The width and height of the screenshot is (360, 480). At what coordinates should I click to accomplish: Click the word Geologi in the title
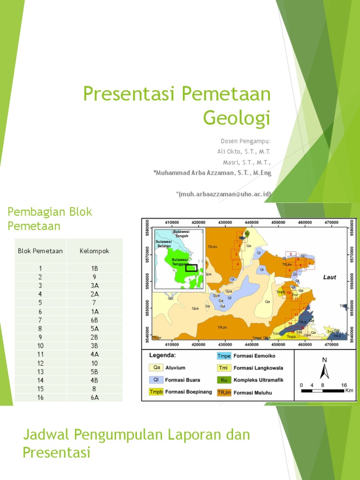[237, 117]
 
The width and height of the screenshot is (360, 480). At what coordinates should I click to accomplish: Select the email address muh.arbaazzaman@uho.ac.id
[224, 194]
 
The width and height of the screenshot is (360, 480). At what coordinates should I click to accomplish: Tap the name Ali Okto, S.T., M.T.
[244, 151]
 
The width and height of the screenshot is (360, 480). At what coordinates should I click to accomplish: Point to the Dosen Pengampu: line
[246, 141]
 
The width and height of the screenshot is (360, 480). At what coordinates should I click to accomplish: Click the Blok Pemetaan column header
[40, 251]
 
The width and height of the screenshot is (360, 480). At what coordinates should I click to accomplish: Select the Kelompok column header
[94, 251]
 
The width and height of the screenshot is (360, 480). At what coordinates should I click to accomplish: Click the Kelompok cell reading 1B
[94, 268]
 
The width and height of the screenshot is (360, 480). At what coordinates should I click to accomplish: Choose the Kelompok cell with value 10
[94, 363]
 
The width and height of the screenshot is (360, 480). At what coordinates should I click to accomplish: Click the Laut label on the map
[330, 277]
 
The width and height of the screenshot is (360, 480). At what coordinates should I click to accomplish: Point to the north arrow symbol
[323, 370]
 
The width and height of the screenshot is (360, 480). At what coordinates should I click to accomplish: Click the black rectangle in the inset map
[191, 268]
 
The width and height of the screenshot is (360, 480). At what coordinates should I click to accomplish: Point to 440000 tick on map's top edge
[252, 223]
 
